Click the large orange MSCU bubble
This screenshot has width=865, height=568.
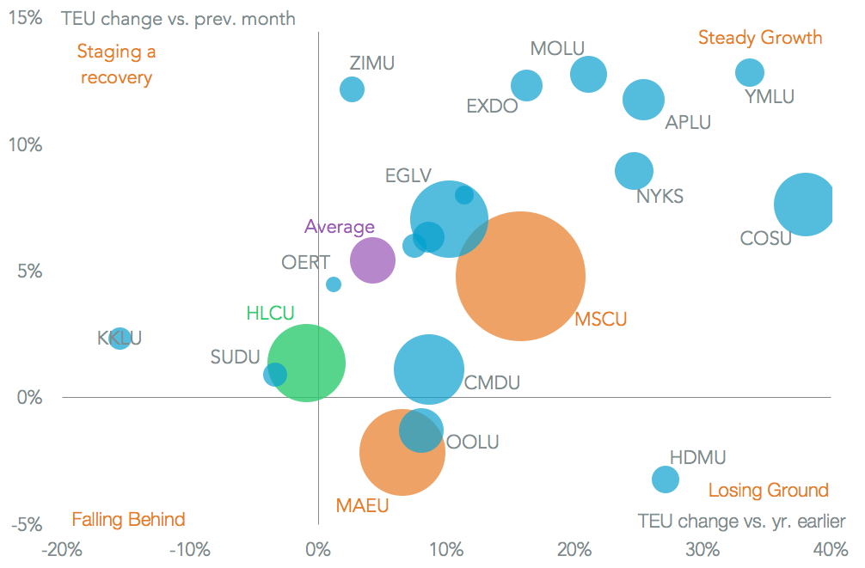[520, 276]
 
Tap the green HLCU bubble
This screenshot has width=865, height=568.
[307, 363]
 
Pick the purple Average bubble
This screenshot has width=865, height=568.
[372, 260]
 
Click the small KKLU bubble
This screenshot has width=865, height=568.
[120, 338]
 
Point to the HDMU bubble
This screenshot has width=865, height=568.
[665, 479]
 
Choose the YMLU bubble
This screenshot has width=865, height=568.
[750, 73]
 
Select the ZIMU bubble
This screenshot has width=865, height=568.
[352, 89]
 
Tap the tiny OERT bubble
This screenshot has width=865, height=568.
[334, 284]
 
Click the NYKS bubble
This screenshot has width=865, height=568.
[634, 170]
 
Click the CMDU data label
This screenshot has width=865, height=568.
[492, 383]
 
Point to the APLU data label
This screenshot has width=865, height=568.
[688, 122]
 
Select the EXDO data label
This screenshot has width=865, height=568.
[492, 107]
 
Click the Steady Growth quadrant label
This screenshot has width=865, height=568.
[760, 38]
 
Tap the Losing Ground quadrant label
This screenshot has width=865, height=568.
[768, 491]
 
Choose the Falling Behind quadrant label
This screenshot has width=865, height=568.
[128, 520]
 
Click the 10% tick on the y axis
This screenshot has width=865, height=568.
[25, 144]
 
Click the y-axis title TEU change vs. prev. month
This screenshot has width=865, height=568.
[178, 19]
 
